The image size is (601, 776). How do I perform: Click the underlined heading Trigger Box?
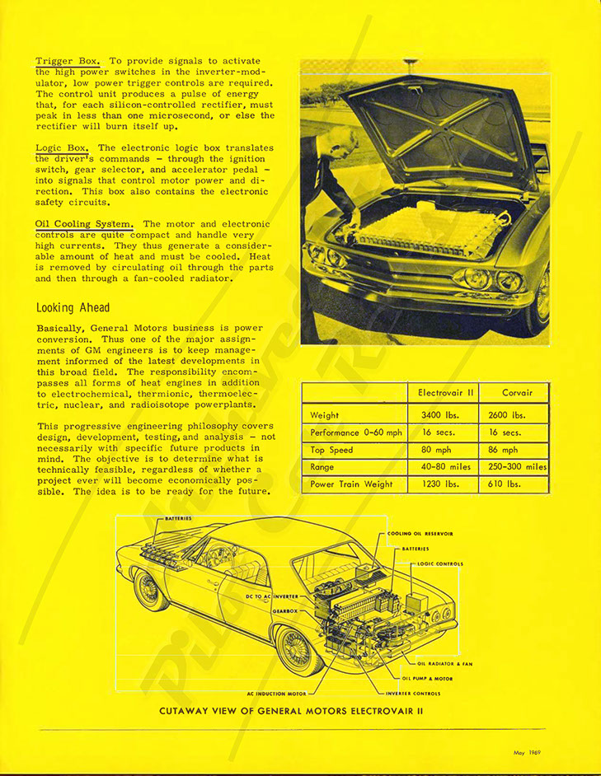click(68, 61)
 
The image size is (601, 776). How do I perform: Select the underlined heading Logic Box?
click(63, 147)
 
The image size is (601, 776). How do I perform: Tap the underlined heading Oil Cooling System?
click(84, 224)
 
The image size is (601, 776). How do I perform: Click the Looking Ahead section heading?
click(73, 308)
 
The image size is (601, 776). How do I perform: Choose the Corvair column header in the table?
click(514, 394)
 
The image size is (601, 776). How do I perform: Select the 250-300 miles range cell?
click(514, 467)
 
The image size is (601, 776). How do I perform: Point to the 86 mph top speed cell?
click(504, 450)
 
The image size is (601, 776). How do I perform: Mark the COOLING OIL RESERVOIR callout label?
click(420, 534)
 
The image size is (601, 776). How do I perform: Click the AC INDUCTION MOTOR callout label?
click(276, 694)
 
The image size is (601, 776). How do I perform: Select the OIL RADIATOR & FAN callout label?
click(445, 663)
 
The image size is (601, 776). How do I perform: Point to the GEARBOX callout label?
click(284, 611)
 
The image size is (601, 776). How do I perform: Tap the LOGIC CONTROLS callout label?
click(440, 564)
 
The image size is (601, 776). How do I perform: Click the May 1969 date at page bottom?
click(528, 752)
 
